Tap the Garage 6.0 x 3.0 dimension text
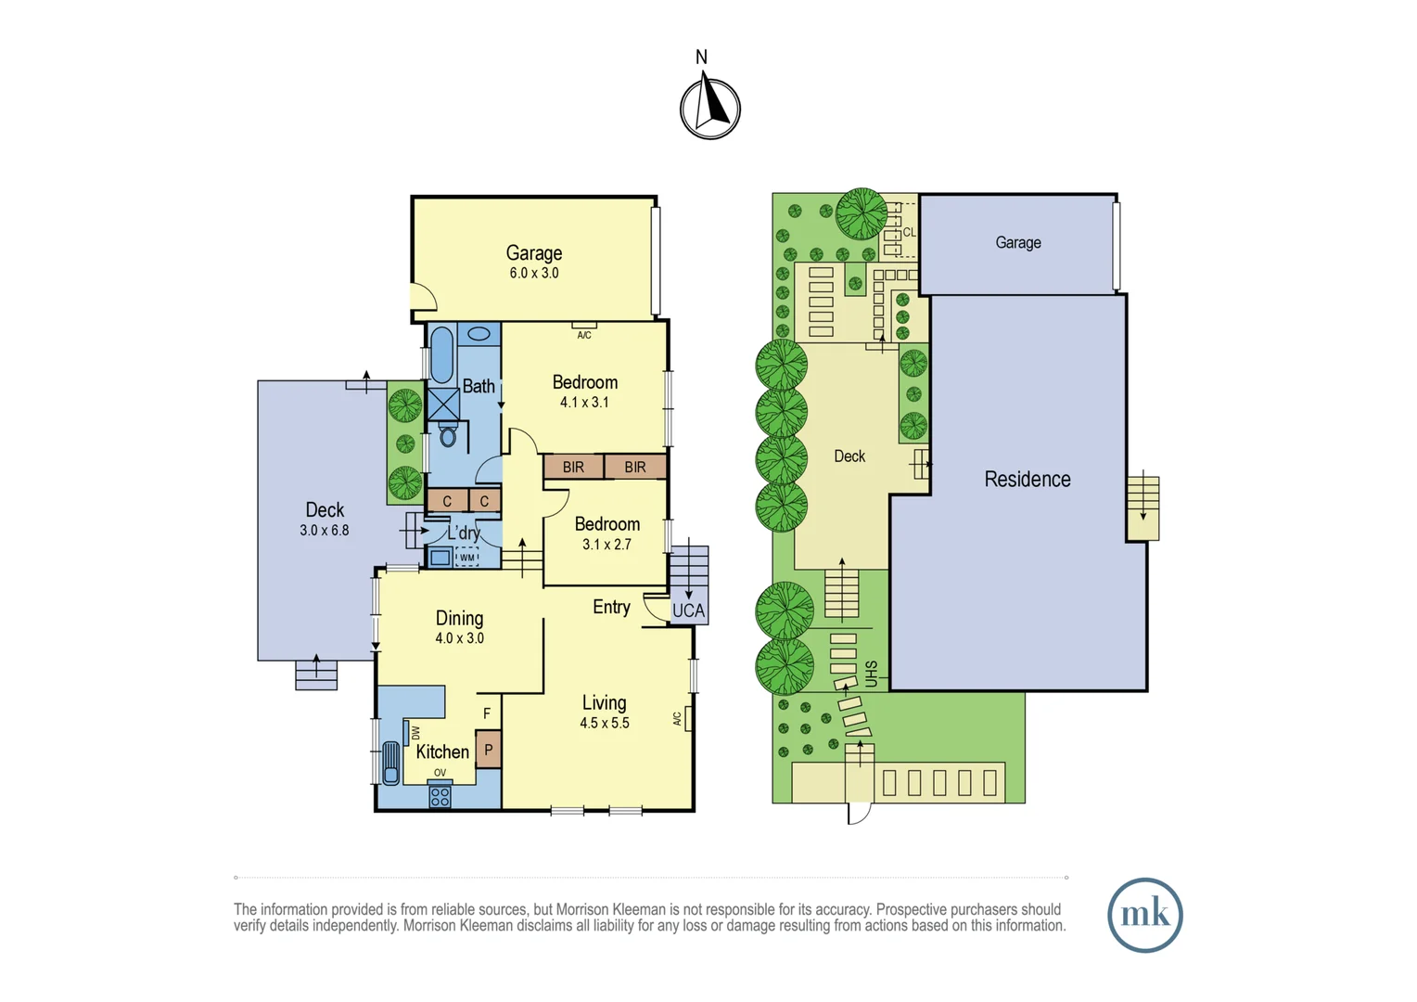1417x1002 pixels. (534, 274)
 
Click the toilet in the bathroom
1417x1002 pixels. (448, 433)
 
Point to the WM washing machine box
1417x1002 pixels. (466, 557)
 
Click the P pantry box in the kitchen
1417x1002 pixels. (489, 750)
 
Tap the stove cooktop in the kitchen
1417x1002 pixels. (440, 794)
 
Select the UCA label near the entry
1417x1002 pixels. (688, 610)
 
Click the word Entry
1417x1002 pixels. (611, 607)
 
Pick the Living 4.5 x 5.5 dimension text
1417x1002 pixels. (604, 724)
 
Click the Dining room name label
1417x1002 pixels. (459, 618)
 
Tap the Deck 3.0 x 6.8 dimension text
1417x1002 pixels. (325, 531)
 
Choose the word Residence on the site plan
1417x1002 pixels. (1028, 479)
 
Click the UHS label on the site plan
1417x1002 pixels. (871, 674)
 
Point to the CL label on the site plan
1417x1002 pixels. (909, 232)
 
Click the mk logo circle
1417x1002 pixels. (1145, 915)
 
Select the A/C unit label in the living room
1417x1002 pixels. (677, 718)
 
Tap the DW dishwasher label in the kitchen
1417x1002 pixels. (415, 733)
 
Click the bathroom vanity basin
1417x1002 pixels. (479, 333)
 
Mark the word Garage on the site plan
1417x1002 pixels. (1018, 242)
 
